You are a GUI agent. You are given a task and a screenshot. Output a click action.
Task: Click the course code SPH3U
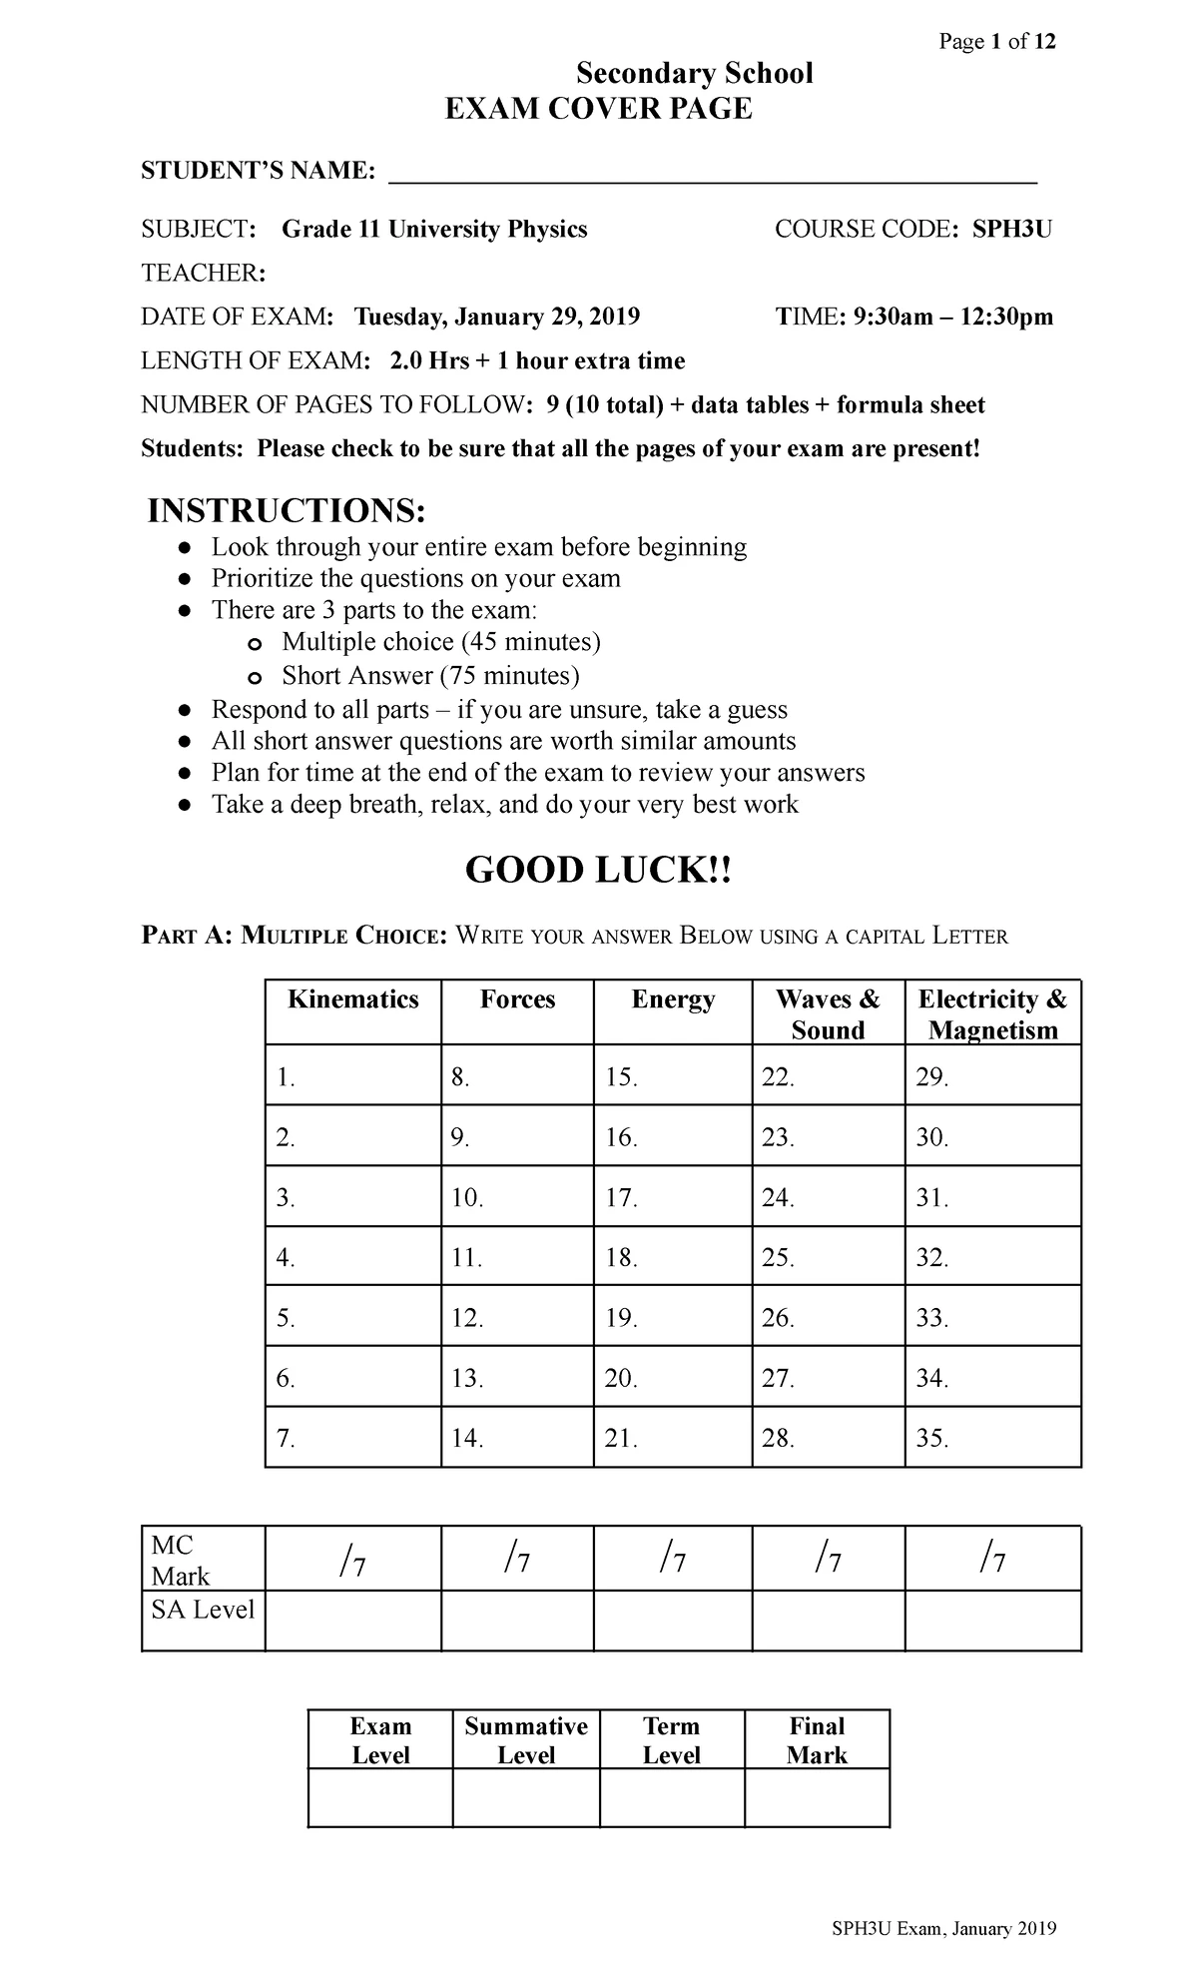tap(1012, 230)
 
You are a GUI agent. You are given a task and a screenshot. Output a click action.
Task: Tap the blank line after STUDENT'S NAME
tap(712, 173)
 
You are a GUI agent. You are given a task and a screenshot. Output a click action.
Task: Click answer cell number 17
tap(672, 1197)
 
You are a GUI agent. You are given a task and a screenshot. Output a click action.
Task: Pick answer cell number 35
tap(992, 1438)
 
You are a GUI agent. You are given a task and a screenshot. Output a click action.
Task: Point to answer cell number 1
tap(352, 1076)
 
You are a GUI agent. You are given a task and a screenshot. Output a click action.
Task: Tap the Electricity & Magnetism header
tap(992, 1013)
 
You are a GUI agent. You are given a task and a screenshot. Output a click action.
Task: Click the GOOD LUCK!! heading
tap(598, 871)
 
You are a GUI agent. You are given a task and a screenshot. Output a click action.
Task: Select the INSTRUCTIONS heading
tap(286, 511)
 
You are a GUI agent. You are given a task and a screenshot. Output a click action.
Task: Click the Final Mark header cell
tap(817, 1740)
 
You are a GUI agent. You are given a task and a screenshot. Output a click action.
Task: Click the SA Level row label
tap(203, 1610)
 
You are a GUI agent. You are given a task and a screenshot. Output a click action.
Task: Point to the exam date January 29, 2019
tap(496, 318)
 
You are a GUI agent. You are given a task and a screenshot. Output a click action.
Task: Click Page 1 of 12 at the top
tap(994, 42)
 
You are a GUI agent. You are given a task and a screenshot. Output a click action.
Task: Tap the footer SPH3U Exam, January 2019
tap(943, 1929)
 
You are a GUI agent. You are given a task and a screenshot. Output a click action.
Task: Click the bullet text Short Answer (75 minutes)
tap(430, 676)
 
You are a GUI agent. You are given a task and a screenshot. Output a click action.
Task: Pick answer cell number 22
tap(828, 1076)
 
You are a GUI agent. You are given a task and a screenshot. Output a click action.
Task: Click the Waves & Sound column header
tap(828, 1013)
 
